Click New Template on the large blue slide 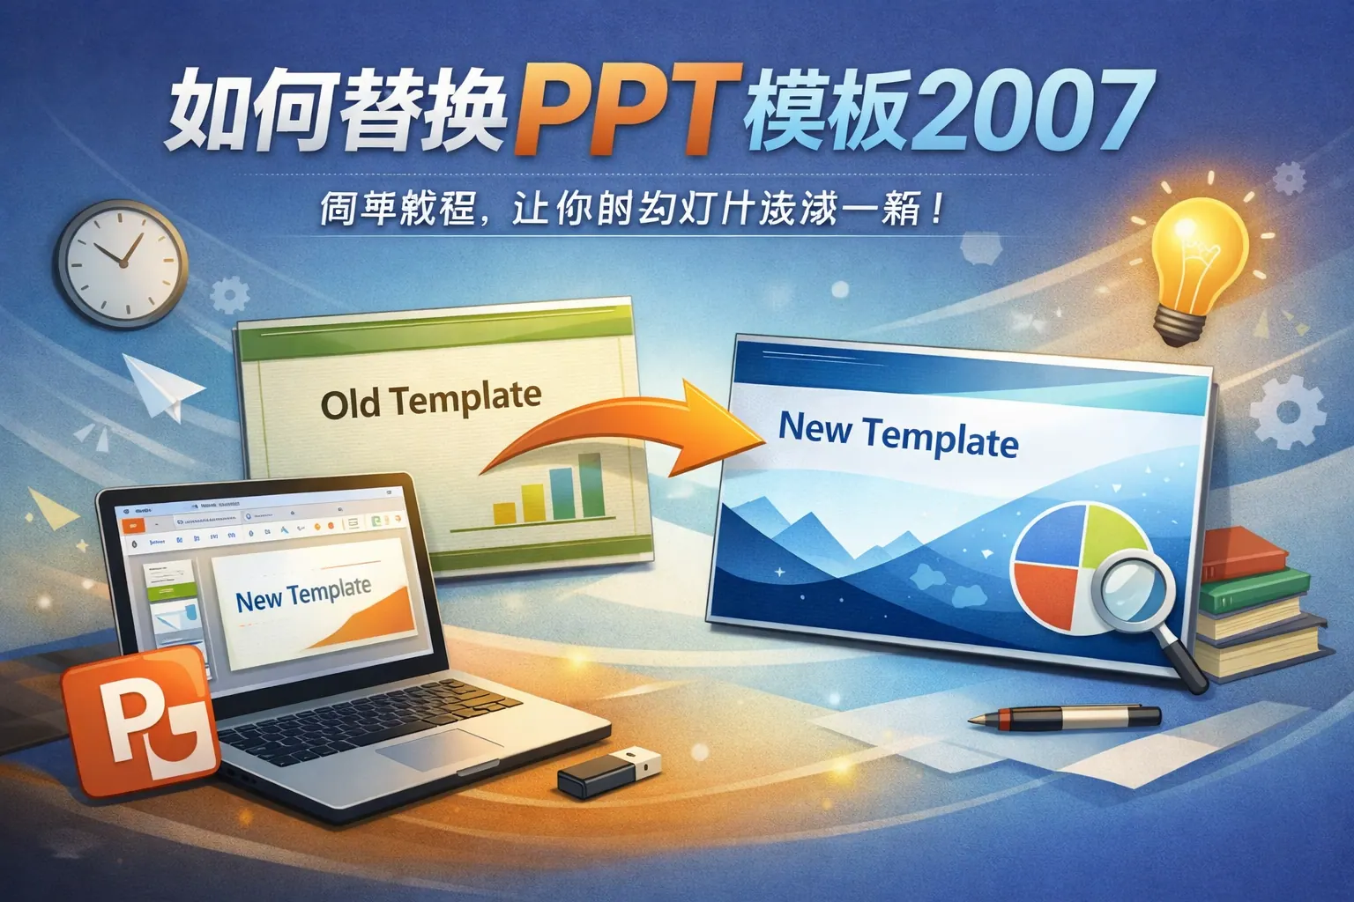point(897,435)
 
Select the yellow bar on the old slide point(504,513)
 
